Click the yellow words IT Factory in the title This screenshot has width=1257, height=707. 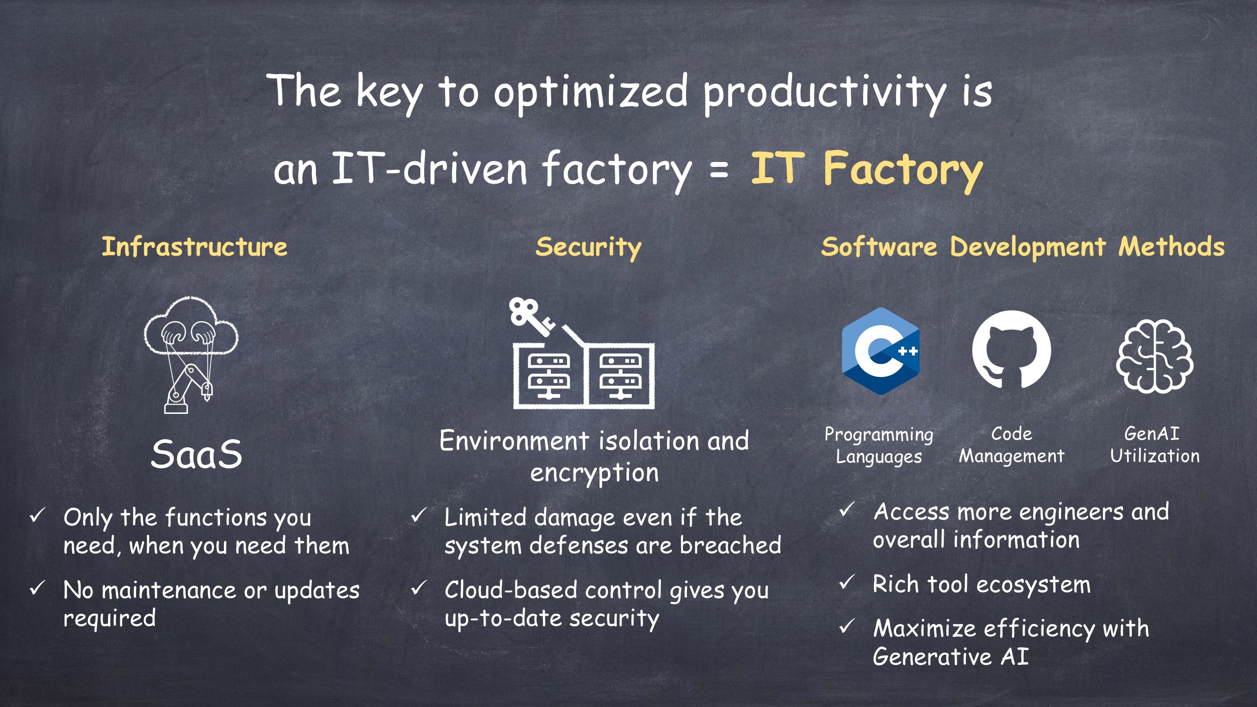tap(867, 170)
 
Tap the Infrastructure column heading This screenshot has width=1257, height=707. tap(194, 246)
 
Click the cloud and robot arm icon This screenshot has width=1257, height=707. tap(191, 354)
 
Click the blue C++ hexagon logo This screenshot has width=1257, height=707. tap(880, 351)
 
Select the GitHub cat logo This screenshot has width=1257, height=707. tap(1011, 350)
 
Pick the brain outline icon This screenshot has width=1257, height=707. tap(1154, 355)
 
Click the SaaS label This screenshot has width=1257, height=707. tap(196, 454)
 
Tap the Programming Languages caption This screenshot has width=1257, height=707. tap(879, 445)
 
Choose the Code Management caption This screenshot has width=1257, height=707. tap(1011, 445)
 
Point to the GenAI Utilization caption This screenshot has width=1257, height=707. tap(1155, 445)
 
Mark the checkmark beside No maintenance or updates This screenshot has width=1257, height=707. tap(38, 587)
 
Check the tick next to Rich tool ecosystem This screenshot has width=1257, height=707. tap(847, 582)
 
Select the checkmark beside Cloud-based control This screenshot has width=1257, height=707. tap(418, 587)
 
